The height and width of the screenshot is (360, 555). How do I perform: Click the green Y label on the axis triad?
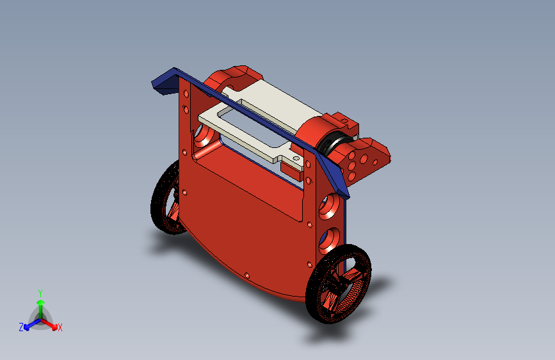tap(40, 293)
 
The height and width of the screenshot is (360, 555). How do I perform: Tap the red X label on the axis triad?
tap(60, 327)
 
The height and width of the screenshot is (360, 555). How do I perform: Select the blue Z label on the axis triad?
tap(21, 327)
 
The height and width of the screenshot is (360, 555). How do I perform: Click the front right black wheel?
tap(338, 284)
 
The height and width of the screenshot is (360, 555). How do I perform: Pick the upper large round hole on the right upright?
tap(329, 206)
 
